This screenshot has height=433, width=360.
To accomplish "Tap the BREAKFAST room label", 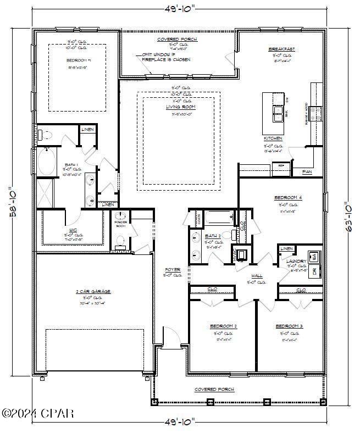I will [281, 49].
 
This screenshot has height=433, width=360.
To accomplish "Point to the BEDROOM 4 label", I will [289, 197].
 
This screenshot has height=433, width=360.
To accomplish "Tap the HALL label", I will [257, 276].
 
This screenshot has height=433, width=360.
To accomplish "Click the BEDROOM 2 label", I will [223, 326].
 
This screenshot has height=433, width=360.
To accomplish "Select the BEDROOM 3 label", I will [289, 326].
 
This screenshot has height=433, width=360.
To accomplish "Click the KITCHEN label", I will [273, 138].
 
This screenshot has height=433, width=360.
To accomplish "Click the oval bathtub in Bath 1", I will [47, 162].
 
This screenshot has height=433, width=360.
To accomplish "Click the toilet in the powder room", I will [121, 240].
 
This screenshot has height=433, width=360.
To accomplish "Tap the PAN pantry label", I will [307, 172].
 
